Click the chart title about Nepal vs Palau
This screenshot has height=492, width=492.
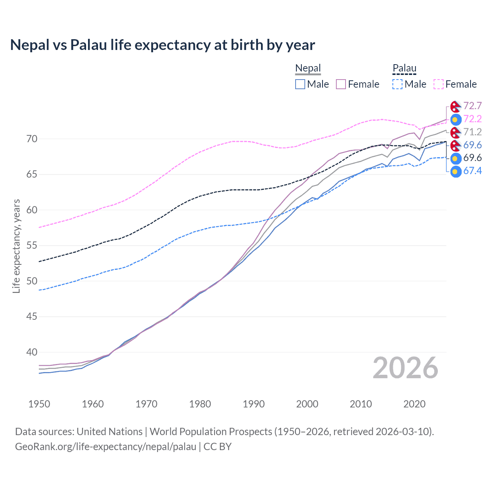pyautogui.click(x=162, y=45)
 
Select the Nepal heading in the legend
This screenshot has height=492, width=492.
pyautogui.click(x=308, y=68)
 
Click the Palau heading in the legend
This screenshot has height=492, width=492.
pyautogui.click(x=404, y=68)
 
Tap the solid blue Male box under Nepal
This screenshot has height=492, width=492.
pyautogui.click(x=300, y=84)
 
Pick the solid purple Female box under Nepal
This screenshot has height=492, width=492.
pyautogui.click(x=341, y=84)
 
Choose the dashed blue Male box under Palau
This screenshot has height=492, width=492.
pyautogui.click(x=397, y=84)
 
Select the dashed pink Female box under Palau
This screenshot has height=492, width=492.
pyautogui.click(x=439, y=84)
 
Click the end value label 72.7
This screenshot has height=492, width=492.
pyautogui.click(x=472, y=106)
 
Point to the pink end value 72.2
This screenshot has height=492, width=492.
pyautogui.click(x=472, y=119)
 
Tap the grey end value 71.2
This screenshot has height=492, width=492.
pyautogui.click(x=472, y=132)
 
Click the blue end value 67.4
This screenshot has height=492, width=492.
pyautogui.click(x=472, y=171)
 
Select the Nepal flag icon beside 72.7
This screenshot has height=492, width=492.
pyautogui.click(x=456, y=106)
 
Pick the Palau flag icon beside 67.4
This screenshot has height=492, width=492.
pyautogui.click(x=456, y=171)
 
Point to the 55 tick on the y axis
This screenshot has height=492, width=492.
pyautogui.click(x=32, y=245)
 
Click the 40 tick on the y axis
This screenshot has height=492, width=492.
pyautogui.click(x=32, y=352)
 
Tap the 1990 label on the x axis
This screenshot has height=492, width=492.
pyautogui.click(x=254, y=404)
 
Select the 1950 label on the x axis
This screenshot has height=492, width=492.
pyautogui.click(x=40, y=404)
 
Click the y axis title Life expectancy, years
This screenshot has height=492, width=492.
pyautogui.click(x=16, y=246)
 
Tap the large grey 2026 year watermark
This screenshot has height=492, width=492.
pyautogui.click(x=405, y=368)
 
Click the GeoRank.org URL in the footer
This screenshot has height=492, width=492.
pyautogui.click(x=106, y=447)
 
